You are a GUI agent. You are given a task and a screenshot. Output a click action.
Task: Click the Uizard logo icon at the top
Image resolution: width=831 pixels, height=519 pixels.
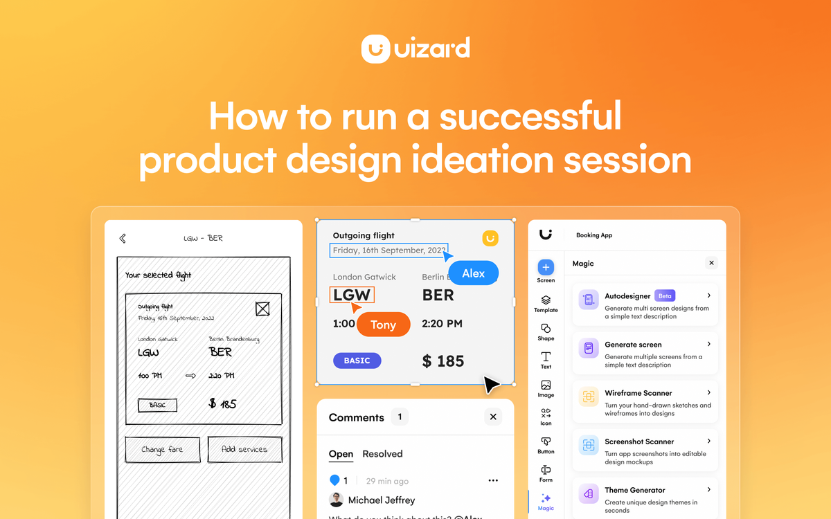pos(377,49)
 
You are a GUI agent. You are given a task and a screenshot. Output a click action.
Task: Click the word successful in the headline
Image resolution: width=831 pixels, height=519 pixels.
pos(530,116)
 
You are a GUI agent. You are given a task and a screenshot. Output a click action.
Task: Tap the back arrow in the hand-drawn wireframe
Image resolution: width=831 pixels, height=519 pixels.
pos(123,238)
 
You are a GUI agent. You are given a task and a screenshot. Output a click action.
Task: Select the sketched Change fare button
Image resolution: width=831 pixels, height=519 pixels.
pos(162,449)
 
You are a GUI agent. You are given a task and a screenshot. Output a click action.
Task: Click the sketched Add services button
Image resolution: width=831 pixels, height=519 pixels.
pos(244,449)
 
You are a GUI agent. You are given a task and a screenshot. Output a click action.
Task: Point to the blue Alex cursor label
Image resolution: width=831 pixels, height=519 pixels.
pos(474,273)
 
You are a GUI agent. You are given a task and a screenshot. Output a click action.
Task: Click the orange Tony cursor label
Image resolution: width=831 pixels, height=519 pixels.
pos(384,325)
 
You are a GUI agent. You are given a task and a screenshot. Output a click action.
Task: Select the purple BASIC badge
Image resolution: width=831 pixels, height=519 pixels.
pos(357,361)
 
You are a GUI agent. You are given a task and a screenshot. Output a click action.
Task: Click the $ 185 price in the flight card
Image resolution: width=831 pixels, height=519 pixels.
pos(443,361)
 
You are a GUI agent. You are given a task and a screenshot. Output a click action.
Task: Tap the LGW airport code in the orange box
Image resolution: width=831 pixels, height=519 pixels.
pos(352,295)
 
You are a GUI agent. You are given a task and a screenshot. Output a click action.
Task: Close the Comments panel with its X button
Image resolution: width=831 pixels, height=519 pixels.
pos(493,417)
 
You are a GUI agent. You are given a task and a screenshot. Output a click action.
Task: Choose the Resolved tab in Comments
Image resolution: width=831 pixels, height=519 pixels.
pos(382,454)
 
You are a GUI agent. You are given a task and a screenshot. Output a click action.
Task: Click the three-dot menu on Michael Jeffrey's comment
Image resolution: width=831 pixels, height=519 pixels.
pos(493,480)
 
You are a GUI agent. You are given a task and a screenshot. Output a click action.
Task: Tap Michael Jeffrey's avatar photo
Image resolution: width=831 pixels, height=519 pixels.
pos(337,500)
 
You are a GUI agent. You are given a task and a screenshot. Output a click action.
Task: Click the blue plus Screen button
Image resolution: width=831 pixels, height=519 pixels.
pos(546,267)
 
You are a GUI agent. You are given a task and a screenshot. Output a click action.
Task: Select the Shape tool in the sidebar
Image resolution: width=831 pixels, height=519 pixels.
pos(546,331)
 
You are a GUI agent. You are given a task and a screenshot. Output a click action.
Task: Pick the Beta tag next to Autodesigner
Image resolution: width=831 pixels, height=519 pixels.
pos(665,296)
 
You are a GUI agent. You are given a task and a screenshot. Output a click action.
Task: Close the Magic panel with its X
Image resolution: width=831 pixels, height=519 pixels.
pos(711,263)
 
